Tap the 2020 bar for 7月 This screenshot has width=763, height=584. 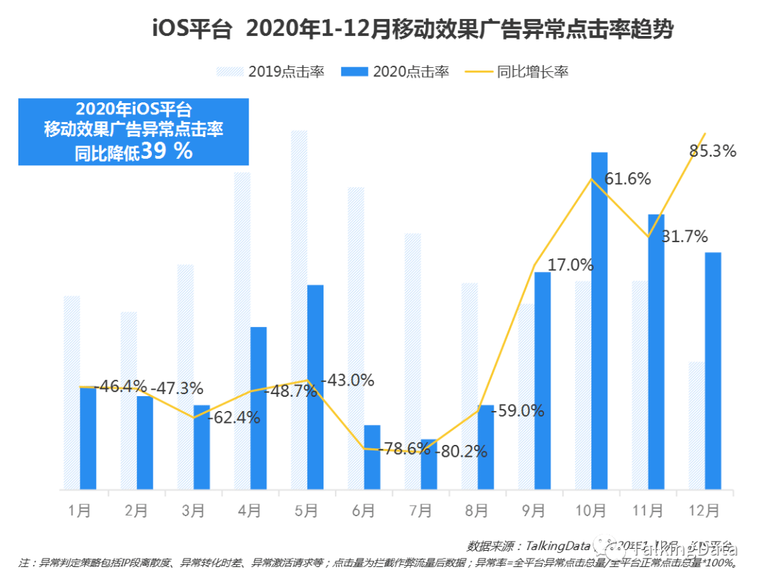429,464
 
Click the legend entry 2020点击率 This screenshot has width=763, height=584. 395,71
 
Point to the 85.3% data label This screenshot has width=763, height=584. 712,150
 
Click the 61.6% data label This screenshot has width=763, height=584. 627,179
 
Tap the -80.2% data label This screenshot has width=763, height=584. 463,451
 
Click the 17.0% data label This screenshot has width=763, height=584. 570,265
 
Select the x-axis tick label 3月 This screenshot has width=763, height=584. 193,511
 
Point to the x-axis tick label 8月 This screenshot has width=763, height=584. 477,511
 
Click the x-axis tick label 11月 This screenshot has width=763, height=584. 647,511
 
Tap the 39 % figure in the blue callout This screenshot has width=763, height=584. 166,151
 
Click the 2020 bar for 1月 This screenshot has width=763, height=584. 88,438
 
